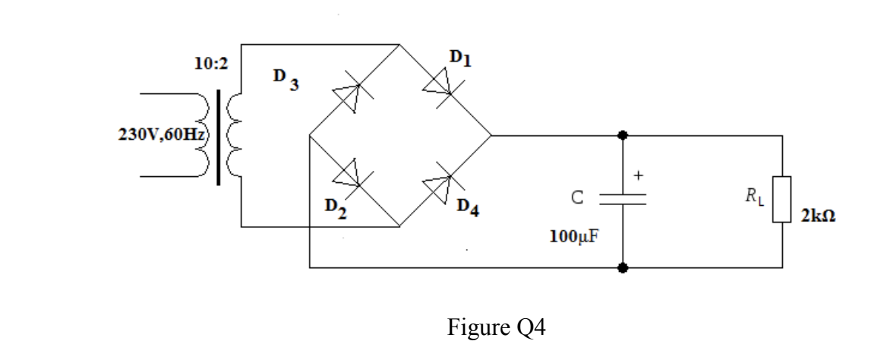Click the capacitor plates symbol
click(623, 199)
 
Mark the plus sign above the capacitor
click(639, 175)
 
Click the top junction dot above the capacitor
click(623, 135)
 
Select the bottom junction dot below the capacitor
click(623, 268)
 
